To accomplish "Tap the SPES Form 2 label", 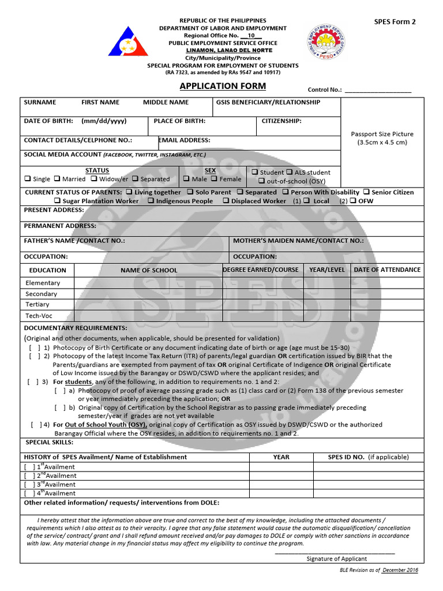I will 395,22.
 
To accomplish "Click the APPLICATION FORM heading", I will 223,86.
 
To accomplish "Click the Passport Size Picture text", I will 382,134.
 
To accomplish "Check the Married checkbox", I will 58,179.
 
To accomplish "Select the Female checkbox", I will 215,179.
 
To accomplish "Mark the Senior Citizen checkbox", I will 367,192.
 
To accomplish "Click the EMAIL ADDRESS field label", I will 185,140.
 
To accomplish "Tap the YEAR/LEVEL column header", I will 327,270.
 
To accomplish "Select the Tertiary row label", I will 37,304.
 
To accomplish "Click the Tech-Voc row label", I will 39,316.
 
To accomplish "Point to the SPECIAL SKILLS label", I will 50,442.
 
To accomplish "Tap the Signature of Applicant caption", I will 336,559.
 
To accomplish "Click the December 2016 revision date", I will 400,570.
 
